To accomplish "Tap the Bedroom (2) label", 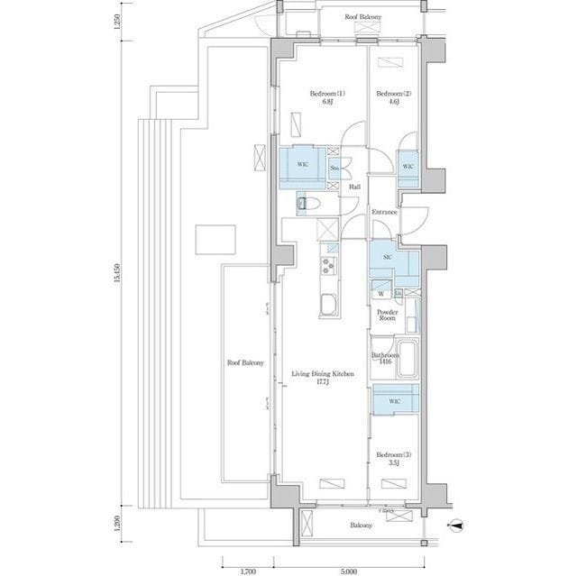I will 393,97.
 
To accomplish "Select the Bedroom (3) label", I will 389,457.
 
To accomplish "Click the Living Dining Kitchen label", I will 320,377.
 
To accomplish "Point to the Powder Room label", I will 388,315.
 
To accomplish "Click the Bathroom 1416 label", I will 385,359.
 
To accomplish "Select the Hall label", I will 354,187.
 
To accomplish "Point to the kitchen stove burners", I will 326,266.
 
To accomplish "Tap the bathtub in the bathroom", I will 408,358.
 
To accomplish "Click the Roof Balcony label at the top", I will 363,17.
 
